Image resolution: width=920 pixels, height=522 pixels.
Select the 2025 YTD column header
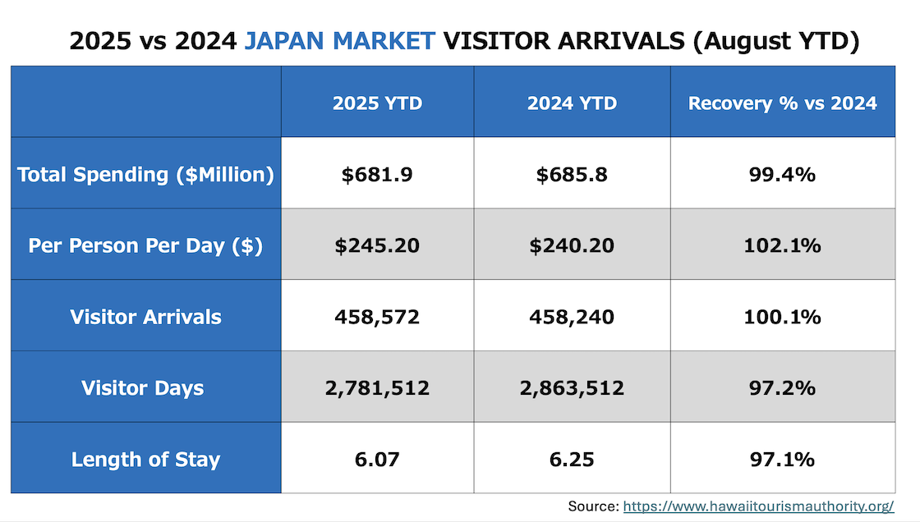377,103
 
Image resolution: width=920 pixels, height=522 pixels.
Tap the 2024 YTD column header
572,103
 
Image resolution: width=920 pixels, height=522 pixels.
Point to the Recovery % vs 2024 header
782,103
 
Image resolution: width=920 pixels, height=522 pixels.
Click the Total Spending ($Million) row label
145,175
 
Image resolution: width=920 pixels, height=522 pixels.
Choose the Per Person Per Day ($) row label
145,246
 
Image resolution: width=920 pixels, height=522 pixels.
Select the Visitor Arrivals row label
145,317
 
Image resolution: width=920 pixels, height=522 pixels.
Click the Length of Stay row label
145,459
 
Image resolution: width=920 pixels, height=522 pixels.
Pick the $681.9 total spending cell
377,175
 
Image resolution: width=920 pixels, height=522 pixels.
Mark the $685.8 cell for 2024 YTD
572,175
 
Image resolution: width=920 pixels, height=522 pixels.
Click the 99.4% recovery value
782,175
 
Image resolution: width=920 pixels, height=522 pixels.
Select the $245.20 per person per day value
377,246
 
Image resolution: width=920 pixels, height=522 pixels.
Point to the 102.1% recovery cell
782,246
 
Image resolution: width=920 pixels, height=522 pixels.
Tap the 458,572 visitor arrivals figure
377,317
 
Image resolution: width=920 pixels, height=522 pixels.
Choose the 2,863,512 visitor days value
572,388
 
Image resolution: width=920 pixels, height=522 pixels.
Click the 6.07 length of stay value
377,459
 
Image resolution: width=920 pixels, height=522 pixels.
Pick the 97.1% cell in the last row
782,459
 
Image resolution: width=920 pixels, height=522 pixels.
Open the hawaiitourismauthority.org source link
758,506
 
